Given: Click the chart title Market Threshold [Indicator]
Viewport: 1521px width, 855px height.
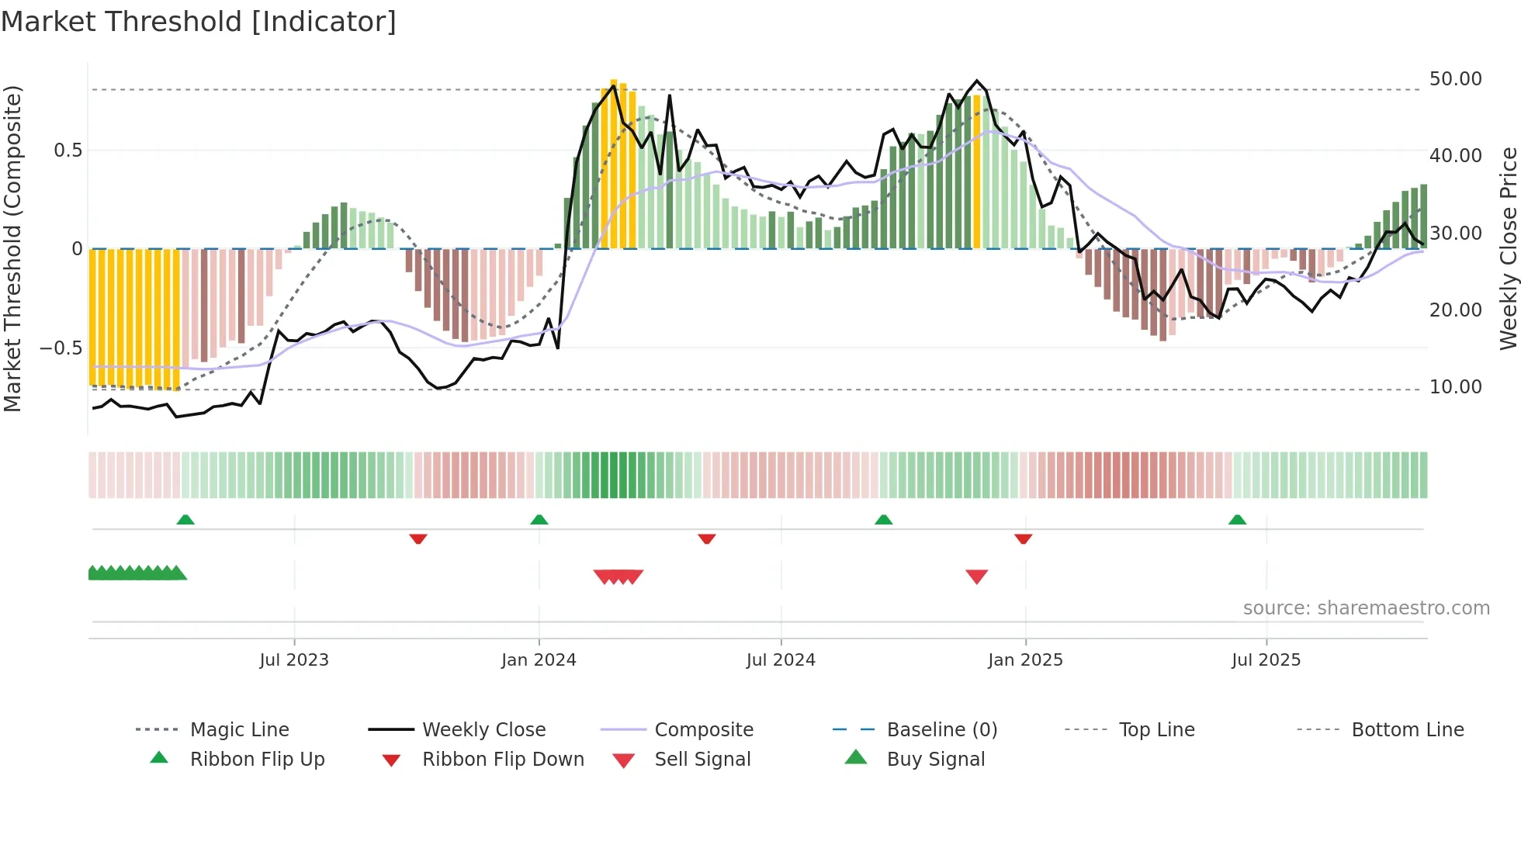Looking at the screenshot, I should tap(199, 22).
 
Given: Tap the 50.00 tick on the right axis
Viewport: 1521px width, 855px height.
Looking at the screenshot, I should tap(1455, 79).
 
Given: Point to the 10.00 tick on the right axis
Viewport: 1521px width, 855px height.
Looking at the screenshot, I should tap(1455, 387).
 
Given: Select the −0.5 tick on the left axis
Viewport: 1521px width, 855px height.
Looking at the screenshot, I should tap(61, 348).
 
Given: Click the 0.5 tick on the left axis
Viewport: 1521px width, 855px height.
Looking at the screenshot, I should tap(68, 151).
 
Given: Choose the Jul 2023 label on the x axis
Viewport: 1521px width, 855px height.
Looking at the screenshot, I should tap(294, 660).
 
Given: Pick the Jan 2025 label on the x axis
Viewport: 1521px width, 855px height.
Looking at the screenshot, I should tap(1025, 660).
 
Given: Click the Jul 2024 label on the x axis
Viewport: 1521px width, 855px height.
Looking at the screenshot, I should tap(781, 660).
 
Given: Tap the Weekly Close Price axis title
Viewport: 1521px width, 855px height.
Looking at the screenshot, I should tap(1508, 248).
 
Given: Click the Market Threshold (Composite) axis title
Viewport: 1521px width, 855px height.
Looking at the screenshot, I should tap(12, 248).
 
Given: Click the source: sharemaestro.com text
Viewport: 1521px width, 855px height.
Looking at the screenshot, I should tap(1366, 608).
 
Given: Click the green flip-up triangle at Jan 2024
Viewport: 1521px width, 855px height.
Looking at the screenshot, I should tap(539, 520).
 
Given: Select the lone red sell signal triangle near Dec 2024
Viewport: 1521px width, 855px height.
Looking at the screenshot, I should tap(976, 576).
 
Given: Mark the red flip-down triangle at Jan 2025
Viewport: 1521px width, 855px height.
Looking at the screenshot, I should tap(1023, 538).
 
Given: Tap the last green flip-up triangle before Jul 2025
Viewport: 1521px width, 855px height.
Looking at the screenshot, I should tap(1237, 520).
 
